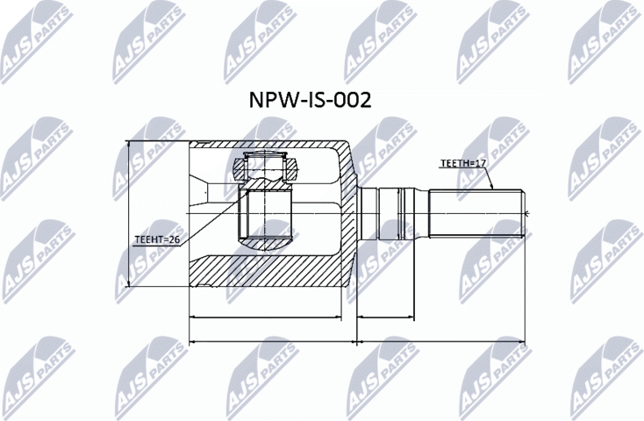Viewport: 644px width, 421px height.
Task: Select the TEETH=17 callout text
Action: click(462, 164)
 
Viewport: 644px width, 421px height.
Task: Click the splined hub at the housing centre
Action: click(267, 215)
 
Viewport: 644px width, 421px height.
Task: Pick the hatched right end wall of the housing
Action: click(349, 215)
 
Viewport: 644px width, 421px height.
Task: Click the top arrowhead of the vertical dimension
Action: click(129, 146)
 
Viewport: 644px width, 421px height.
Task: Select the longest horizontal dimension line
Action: click(355, 339)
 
